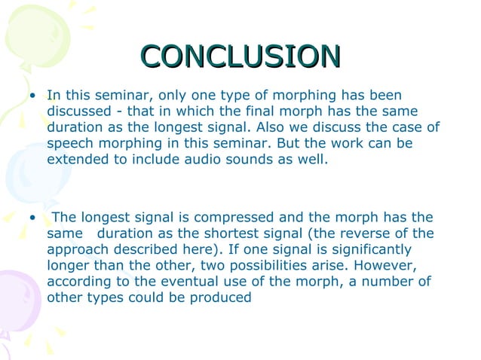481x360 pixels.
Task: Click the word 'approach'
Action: [76, 250]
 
